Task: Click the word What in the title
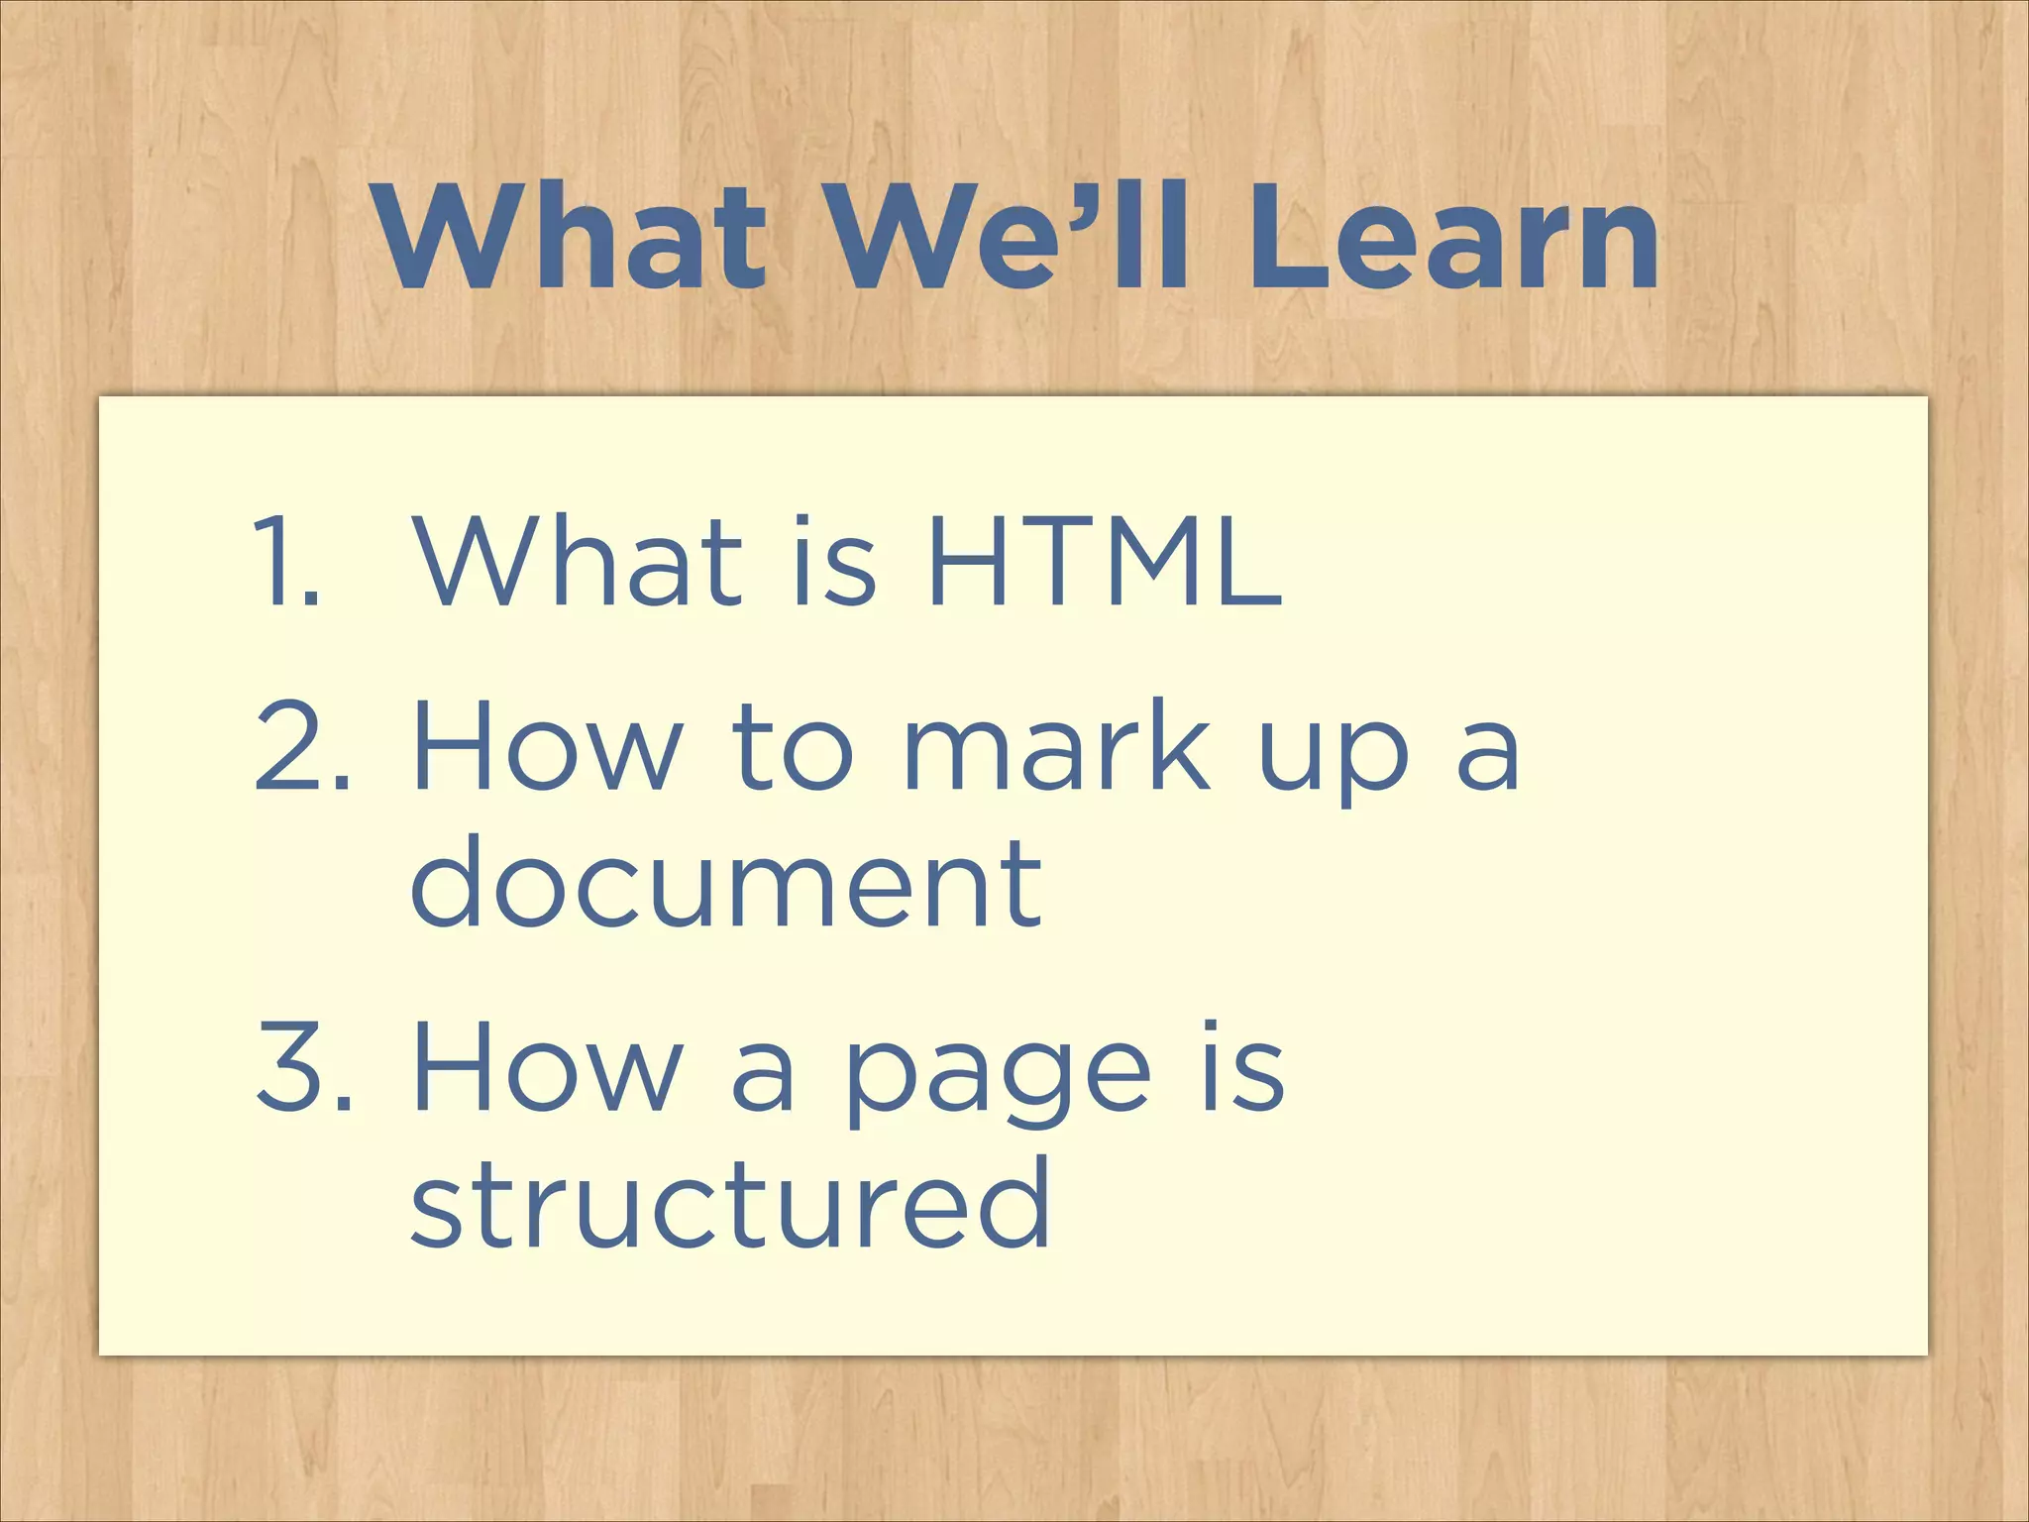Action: pos(572,240)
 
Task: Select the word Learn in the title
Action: pos(1450,240)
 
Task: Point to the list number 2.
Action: pos(301,745)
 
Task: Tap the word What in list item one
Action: pos(578,562)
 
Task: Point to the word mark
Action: pos(1056,745)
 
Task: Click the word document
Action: pos(726,882)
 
